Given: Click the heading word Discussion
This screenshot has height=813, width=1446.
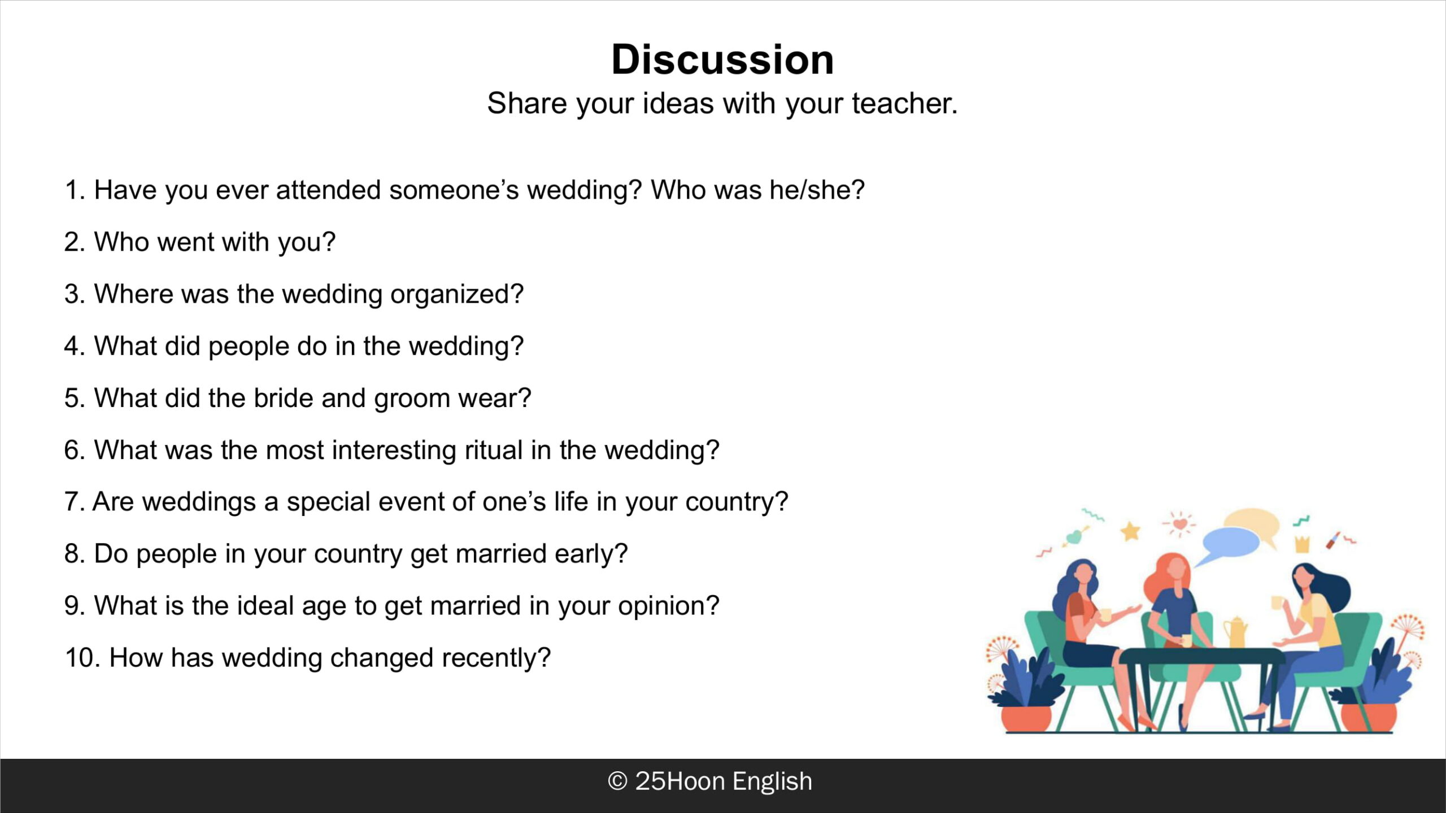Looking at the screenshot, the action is [x=722, y=59].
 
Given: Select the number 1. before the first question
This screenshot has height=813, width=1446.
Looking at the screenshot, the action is [x=75, y=190].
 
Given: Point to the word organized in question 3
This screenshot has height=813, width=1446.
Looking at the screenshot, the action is [x=457, y=294].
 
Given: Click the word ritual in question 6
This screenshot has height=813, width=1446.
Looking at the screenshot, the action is [x=494, y=450].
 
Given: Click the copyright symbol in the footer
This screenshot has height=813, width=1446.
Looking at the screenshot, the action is [x=617, y=781].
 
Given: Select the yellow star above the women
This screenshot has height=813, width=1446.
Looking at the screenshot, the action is [x=1130, y=531].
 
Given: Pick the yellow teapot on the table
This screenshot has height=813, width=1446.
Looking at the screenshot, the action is [x=1235, y=632].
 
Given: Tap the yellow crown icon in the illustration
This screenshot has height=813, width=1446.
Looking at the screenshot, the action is [x=1302, y=544].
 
